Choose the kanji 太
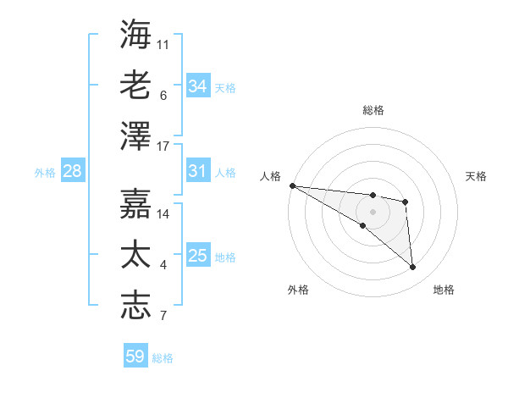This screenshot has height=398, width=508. (136, 253)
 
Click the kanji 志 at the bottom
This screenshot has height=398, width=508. (136, 306)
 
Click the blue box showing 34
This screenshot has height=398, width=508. (197, 86)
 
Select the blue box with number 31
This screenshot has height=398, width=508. (197, 172)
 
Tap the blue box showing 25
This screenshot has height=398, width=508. (197, 257)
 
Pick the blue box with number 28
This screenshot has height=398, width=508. (72, 172)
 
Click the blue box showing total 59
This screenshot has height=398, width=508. (135, 357)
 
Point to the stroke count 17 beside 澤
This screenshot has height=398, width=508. (163, 146)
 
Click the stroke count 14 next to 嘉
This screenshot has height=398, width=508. (163, 213)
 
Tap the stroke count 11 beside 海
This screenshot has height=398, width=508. (163, 44)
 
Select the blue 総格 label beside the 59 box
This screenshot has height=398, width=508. (163, 358)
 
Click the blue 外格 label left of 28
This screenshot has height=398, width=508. (45, 173)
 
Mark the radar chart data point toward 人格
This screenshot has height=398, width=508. (291, 185)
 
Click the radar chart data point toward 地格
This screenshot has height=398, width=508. (413, 268)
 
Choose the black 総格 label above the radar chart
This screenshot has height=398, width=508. (373, 110)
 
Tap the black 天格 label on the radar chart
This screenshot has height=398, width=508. (477, 176)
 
